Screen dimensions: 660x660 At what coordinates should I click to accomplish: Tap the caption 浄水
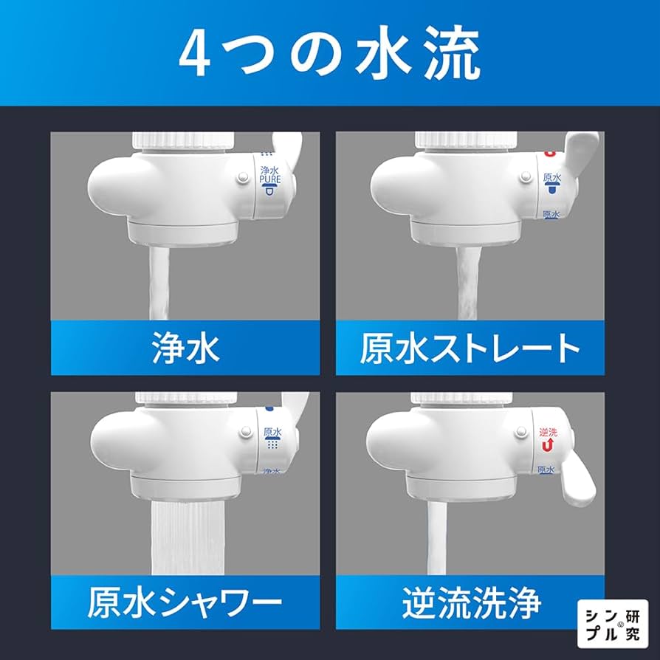click(185, 348)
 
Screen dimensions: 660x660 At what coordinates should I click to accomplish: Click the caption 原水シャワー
click(185, 605)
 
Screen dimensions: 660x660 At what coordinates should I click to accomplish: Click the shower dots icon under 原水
click(272, 444)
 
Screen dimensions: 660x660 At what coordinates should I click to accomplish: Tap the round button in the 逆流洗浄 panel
click(523, 436)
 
